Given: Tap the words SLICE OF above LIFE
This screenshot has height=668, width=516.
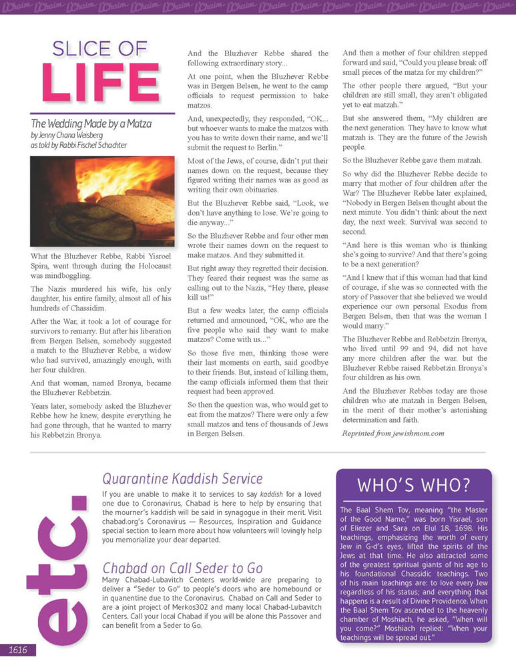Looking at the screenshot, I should (x=100, y=48).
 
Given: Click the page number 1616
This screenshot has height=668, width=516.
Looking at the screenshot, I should (x=17, y=650).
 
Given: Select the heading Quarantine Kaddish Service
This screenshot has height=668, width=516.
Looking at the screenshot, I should (x=182, y=478).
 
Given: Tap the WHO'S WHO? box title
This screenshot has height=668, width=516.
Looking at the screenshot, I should (x=413, y=484).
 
